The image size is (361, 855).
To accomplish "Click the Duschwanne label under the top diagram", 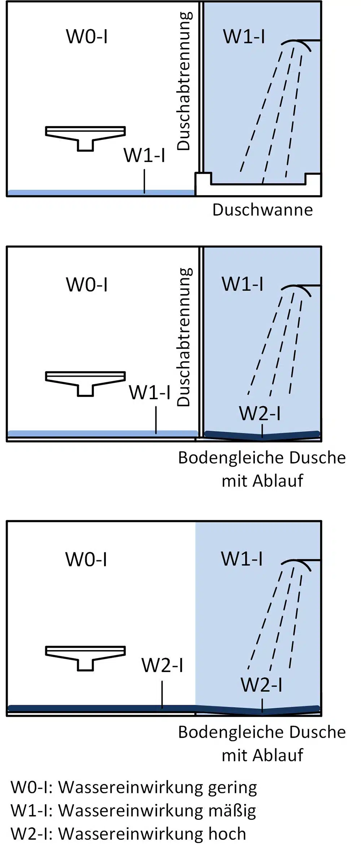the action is tap(262, 210).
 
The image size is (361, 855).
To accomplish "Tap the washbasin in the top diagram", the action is tap(86, 138).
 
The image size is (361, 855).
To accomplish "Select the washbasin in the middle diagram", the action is tap(86, 384).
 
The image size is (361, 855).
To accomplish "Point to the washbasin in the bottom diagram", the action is tap(86, 658).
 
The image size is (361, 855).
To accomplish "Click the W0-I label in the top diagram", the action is tap(87, 37).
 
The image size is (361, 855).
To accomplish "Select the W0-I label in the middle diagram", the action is tap(87, 284).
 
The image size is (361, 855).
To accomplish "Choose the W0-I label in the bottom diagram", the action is tap(86, 559).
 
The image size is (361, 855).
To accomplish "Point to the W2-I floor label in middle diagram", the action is tap(260, 413).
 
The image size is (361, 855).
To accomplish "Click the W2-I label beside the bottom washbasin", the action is tap(162, 665).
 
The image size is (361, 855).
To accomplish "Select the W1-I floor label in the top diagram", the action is tap(144, 155).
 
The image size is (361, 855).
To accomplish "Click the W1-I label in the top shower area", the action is tap(244, 37).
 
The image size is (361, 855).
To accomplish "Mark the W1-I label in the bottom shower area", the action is tap(242, 559).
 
